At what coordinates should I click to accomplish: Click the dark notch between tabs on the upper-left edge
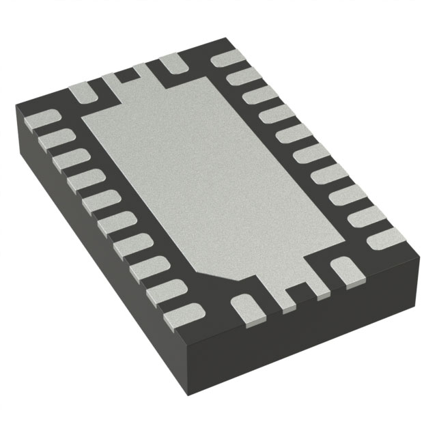pos(123,75)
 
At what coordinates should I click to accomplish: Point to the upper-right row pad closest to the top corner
pos(227,59)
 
